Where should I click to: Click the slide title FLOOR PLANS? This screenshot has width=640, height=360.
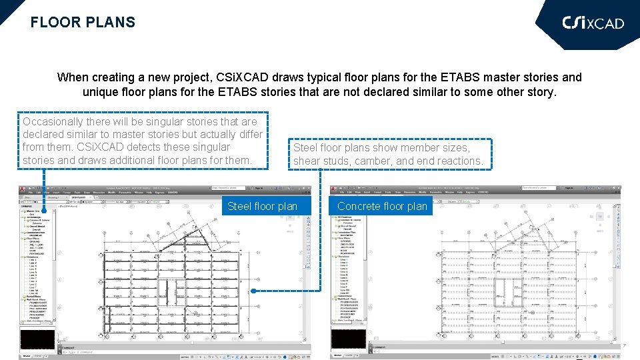[x=83, y=22]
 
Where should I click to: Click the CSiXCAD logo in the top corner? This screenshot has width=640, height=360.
[x=593, y=23]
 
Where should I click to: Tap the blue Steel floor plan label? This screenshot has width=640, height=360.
[x=262, y=206]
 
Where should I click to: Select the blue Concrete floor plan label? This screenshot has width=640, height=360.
[x=382, y=206]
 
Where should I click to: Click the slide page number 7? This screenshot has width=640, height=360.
[x=625, y=346]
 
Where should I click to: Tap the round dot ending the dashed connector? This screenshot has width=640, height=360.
[x=253, y=291]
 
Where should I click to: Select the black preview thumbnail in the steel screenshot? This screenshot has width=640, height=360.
[x=37, y=339]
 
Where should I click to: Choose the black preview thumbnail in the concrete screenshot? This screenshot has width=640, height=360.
[x=349, y=339]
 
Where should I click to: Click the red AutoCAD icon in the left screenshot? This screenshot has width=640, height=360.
[x=23, y=189]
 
